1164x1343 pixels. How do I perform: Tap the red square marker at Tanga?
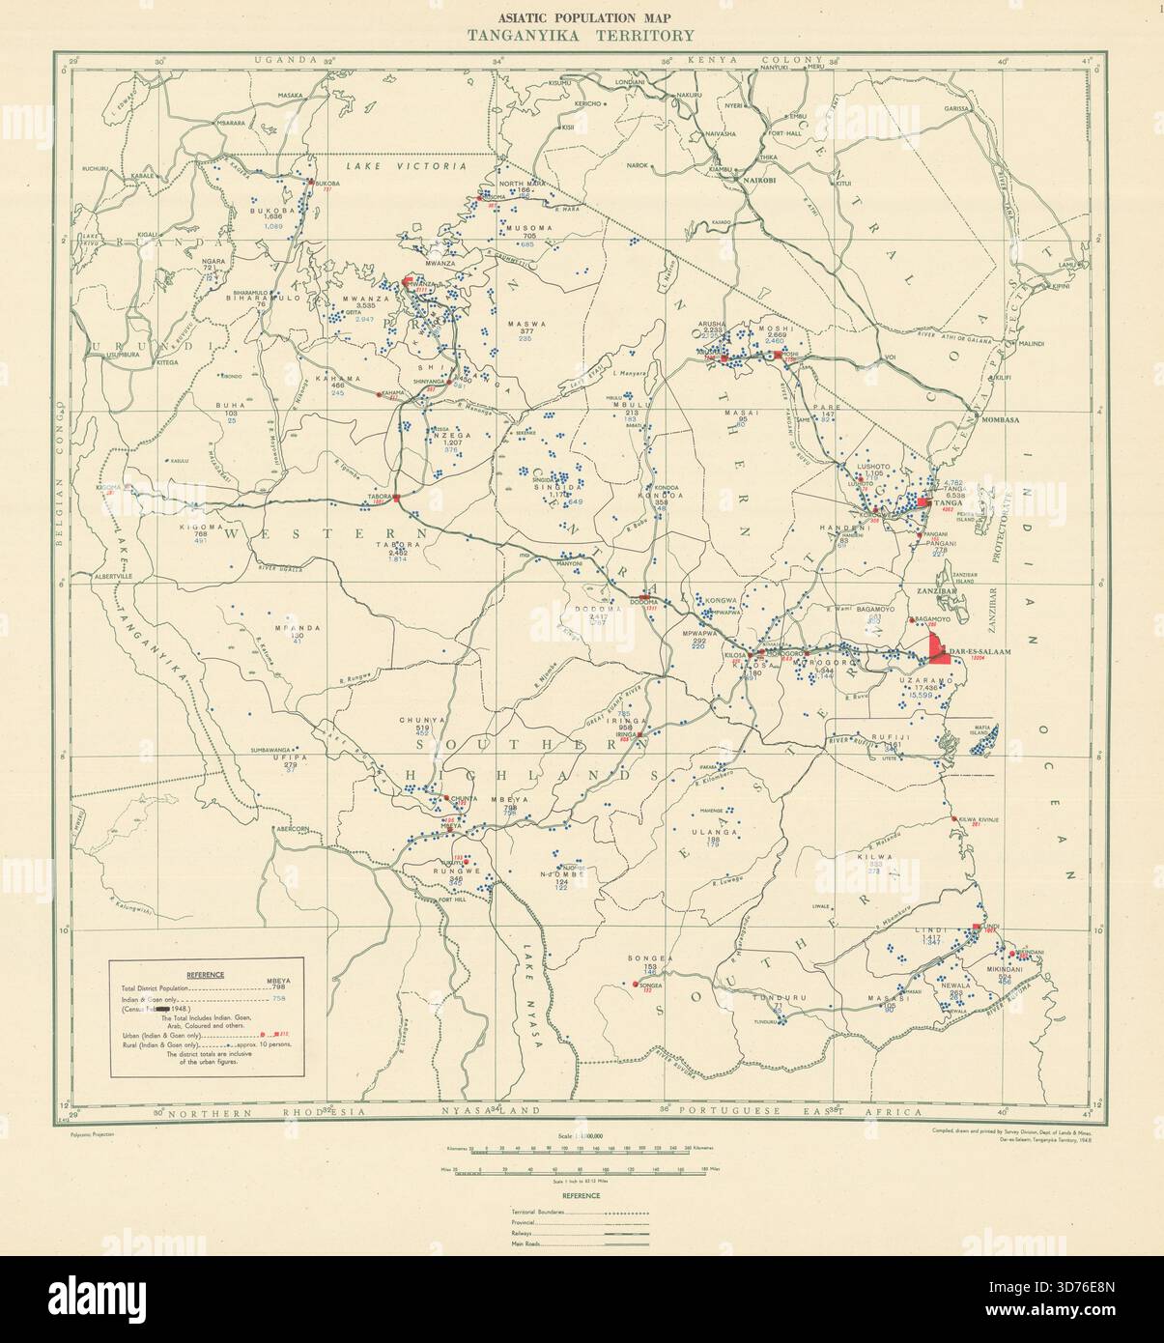(924, 502)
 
